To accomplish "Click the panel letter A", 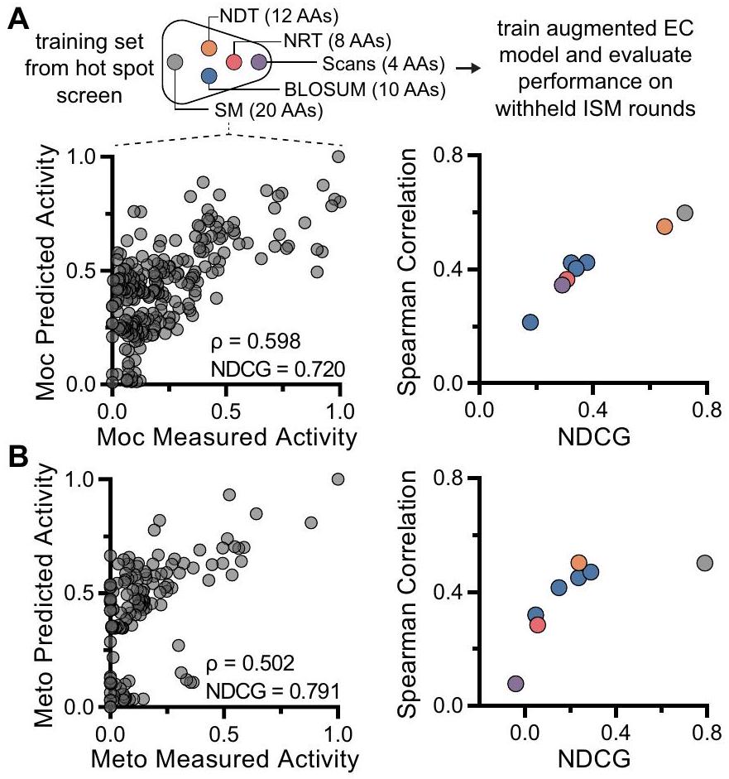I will pyautogui.click(x=15, y=15).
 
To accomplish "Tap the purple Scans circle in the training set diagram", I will pyautogui.click(x=258, y=61).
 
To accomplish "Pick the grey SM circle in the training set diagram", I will pyautogui.click(x=175, y=62).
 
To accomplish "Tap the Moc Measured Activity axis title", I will pyautogui.click(x=224, y=435).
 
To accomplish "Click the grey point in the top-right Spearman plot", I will pyautogui.click(x=684, y=213).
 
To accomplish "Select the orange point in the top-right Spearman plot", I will pyautogui.click(x=664, y=226).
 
